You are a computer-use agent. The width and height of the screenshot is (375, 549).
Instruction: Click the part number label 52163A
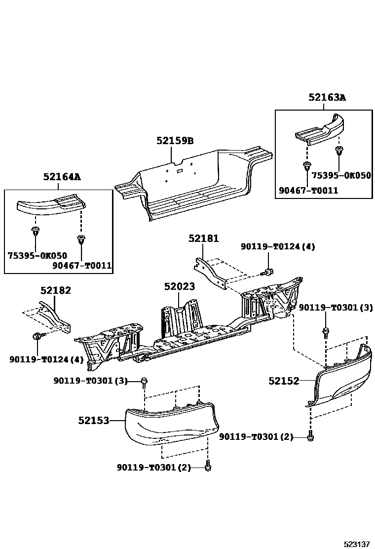327,97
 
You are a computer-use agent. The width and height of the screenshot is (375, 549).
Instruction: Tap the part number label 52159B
175,141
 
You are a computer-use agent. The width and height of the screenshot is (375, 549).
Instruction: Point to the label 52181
203,238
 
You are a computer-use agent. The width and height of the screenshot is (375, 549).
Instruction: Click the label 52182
55,290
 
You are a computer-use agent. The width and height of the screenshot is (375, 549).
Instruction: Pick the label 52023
180,287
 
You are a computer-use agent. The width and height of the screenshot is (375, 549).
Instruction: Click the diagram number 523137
357,544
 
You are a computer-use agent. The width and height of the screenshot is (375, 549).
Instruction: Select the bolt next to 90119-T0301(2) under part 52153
208,466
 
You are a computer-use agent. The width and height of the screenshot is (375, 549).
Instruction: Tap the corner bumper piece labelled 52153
168,422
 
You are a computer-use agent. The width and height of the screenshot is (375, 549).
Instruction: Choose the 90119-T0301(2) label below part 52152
256,436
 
